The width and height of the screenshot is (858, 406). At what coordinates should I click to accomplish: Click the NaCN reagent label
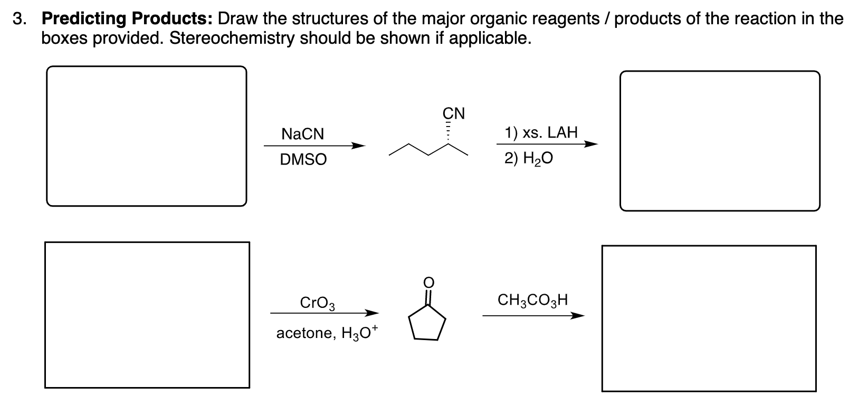302,134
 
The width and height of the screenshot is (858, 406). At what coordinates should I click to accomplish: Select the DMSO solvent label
303,159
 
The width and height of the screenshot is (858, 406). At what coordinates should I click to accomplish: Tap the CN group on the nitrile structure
453,113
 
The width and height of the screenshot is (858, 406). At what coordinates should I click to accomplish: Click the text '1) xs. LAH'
541,132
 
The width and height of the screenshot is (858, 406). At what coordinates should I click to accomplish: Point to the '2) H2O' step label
528,159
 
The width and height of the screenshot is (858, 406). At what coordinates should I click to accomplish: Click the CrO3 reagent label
317,303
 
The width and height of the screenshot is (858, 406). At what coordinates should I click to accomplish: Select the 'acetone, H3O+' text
327,333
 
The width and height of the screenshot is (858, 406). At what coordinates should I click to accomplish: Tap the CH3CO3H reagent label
533,301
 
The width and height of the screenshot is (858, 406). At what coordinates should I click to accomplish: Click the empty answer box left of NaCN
146,136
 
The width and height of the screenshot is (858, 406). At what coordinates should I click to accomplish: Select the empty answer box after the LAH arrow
720,141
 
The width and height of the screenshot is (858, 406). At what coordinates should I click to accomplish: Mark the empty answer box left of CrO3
147,315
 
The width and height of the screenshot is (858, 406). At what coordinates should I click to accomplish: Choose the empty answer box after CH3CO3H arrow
709,318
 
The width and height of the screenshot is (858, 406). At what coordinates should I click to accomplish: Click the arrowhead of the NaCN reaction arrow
359,146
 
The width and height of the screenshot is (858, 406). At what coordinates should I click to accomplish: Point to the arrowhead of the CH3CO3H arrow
578,316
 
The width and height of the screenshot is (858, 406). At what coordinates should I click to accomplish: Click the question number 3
20,20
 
